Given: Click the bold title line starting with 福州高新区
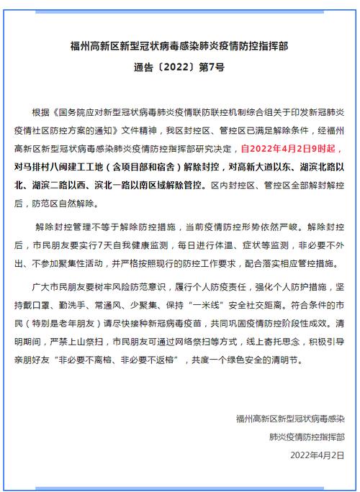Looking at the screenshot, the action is [179, 48].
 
